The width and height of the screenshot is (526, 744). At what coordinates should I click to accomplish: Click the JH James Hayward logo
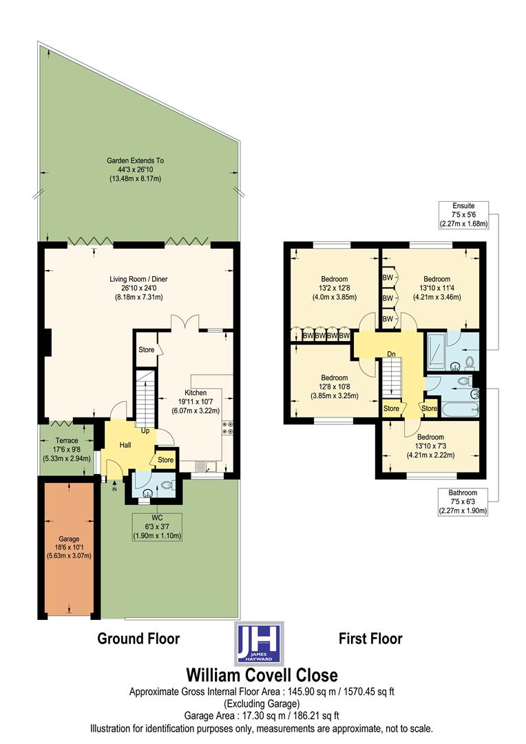pos(257,643)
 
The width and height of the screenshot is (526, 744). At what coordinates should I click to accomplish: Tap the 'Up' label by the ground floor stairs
pos(145,431)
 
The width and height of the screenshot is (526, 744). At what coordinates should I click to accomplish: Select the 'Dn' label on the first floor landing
pos(391,354)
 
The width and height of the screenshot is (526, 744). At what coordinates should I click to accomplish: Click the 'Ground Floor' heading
pos(138,639)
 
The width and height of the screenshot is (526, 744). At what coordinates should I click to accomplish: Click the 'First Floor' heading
pos(370,639)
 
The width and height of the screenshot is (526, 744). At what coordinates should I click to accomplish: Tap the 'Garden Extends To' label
pos(135,169)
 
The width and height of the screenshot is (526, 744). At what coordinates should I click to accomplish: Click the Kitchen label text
pos(195,401)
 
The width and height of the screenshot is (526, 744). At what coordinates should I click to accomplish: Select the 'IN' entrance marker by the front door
pos(105,488)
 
